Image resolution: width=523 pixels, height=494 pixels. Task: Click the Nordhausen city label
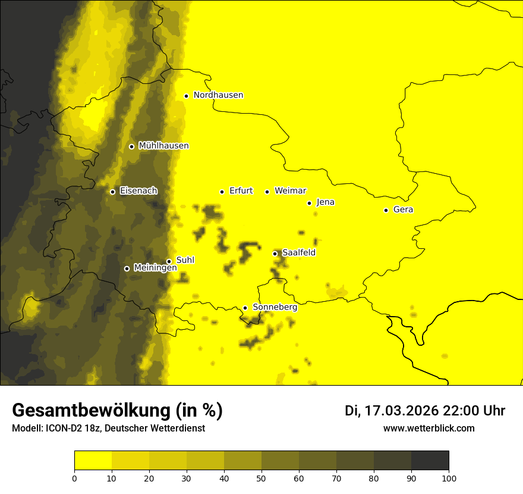point(218,95)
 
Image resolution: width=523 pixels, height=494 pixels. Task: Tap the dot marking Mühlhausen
point(131,146)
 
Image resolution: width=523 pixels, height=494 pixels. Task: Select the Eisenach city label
point(138,191)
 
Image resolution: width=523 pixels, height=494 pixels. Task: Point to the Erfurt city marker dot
point(222,192)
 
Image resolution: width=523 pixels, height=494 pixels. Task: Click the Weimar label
point(290,191)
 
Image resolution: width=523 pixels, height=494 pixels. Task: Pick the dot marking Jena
point(309,203)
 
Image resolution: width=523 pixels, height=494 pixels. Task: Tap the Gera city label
point(403,210)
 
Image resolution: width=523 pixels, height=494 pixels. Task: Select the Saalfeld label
point(299,253)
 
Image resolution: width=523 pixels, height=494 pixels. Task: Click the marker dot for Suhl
point(169,261)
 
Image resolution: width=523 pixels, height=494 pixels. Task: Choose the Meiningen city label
point(155,268)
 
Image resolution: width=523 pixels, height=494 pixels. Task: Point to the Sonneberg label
point(275,307)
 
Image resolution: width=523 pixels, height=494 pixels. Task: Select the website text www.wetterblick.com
point(429,428)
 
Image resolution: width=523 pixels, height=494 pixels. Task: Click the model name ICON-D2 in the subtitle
point(61,429)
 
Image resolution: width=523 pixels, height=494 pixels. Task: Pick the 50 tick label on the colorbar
point(261,477)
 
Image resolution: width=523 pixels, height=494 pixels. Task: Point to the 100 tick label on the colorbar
point(449,477)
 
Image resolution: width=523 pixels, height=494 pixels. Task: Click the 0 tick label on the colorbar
point(74,477)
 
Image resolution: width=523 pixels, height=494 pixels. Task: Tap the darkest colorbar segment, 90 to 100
point(430,461)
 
